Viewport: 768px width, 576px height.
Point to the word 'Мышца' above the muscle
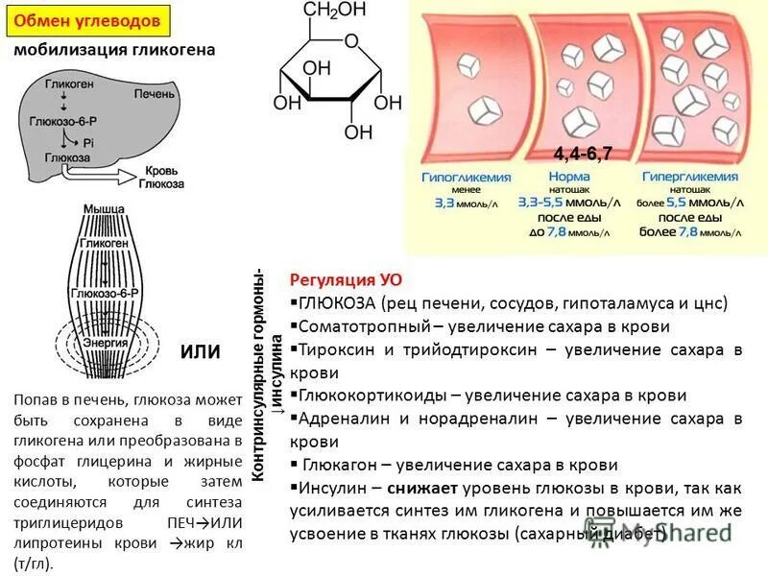[104, 209]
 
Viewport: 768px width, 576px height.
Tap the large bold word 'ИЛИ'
[201, 352]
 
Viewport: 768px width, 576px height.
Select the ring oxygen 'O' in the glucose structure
[351, 41]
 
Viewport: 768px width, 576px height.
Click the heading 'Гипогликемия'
[466, 179]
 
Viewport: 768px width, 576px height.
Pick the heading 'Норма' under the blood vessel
[569, 179]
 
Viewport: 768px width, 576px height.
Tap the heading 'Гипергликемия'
[689, 179]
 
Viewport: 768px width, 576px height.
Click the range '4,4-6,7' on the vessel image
[583, 155]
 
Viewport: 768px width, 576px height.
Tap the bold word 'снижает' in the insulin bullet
[420, 488]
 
